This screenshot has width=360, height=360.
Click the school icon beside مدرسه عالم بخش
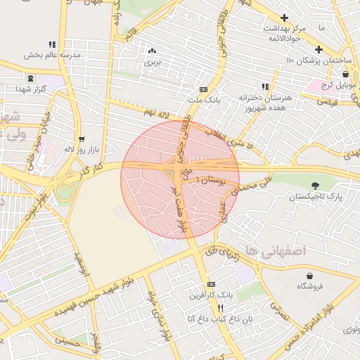coord(52,44)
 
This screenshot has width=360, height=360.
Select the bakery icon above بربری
coord(153,51)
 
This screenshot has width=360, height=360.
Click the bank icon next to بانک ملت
coord(203,90)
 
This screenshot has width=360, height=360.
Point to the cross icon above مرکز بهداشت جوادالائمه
coord(284,18)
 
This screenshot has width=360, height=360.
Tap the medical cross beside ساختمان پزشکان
coord(319,49)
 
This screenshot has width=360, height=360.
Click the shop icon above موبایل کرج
coord(345,74)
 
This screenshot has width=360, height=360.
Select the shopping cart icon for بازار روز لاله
coord(82,139)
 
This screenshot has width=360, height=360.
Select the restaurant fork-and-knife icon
coord(220,308)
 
